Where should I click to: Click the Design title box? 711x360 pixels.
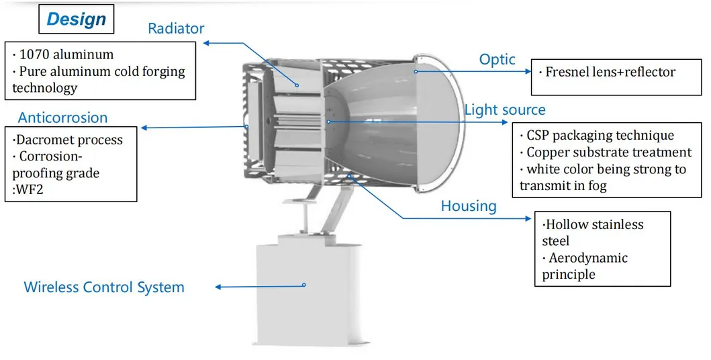(x=76, y=19)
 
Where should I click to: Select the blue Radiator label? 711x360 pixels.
(x=176, y=28)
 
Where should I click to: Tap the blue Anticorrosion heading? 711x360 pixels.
(x=62, y=118)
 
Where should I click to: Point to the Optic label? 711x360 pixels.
(x=497, y=59)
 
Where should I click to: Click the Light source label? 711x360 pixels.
(x=505, y=109)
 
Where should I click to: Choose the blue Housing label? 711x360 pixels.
(x=469, y=206)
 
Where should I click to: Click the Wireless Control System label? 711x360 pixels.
(x=104, y=287)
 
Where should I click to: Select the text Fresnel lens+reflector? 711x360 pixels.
(x=610, y=71)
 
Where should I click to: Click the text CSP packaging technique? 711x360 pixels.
(x=600, y=136)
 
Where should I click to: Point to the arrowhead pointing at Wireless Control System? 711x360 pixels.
(x=218, y=287)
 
